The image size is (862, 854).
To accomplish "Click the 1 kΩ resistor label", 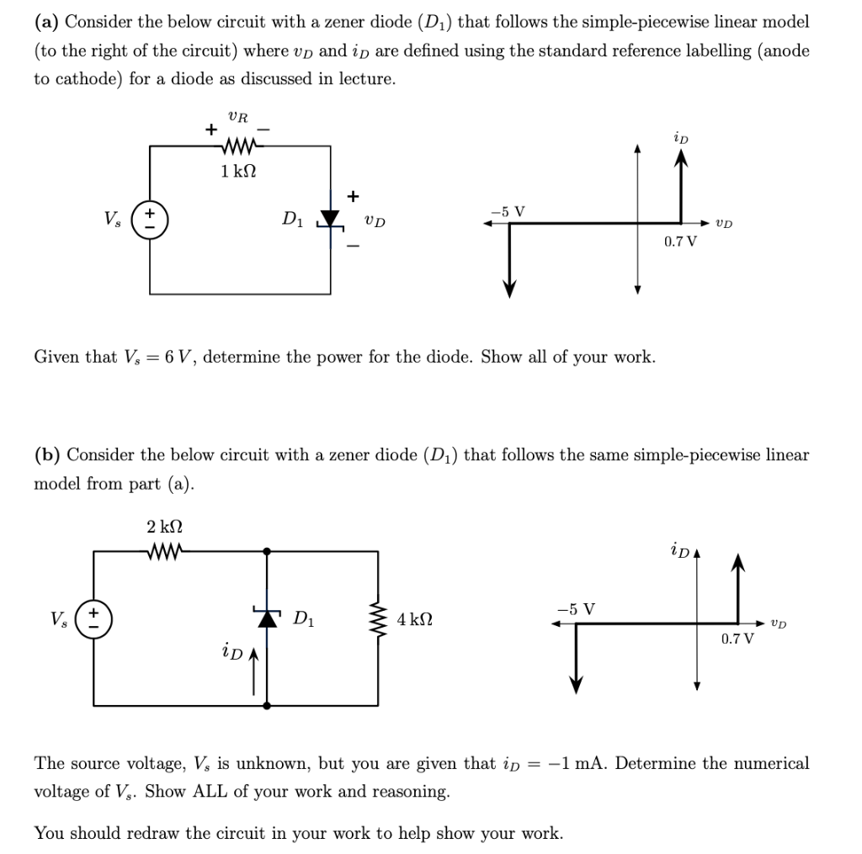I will pos(238,172).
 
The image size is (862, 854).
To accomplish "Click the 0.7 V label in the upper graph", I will pos(680,241).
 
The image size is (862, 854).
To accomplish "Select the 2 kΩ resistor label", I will pos(164,528).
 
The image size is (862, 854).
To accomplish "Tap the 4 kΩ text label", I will pos(415,620).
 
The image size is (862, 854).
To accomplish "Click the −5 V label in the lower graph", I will pos(577,609).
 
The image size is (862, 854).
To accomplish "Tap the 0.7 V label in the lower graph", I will pos(738,639).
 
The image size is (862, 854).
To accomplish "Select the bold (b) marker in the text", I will pos(47,455).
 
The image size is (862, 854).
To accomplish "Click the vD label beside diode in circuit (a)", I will pos(375,221).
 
